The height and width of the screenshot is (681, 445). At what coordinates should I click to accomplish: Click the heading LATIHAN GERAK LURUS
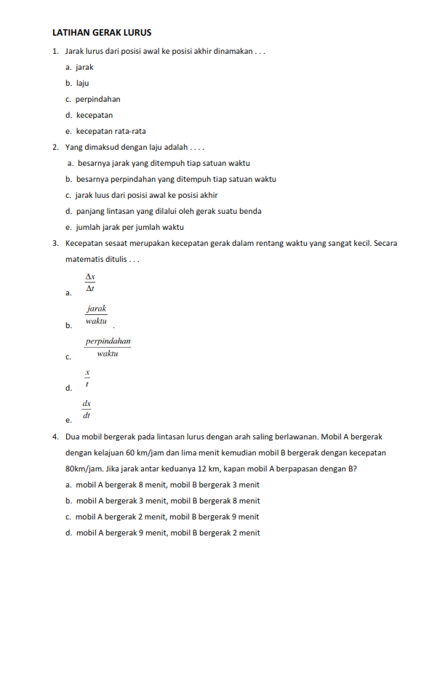click(x=102, y=33)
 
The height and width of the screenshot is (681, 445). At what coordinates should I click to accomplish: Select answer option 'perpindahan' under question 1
click(x=97, y=99)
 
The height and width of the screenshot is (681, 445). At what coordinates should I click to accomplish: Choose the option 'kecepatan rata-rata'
click(x=111, y=131)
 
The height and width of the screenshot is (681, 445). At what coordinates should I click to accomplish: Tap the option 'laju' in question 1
click(x=82, y=83)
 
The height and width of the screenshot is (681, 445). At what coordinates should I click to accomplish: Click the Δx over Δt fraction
click(x=90, y=282)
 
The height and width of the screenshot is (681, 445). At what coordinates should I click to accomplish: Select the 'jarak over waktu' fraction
click(x=96, y=314)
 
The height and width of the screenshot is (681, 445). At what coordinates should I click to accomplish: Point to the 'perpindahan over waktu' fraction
click(x=108, y=346)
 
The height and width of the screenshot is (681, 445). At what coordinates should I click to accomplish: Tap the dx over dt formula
click(x=87, y=410)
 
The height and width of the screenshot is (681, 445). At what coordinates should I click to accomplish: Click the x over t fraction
click(x=87, y=378)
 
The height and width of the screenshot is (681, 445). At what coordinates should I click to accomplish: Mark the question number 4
click(x=55, y=437)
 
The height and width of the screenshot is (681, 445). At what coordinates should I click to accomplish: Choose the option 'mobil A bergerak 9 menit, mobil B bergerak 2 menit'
click(x=167, y=533)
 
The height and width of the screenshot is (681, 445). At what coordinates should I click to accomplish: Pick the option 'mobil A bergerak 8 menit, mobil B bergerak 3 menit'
click(x=167, y=485)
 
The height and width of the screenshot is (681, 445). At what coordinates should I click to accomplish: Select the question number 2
click(x=55, y=147)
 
